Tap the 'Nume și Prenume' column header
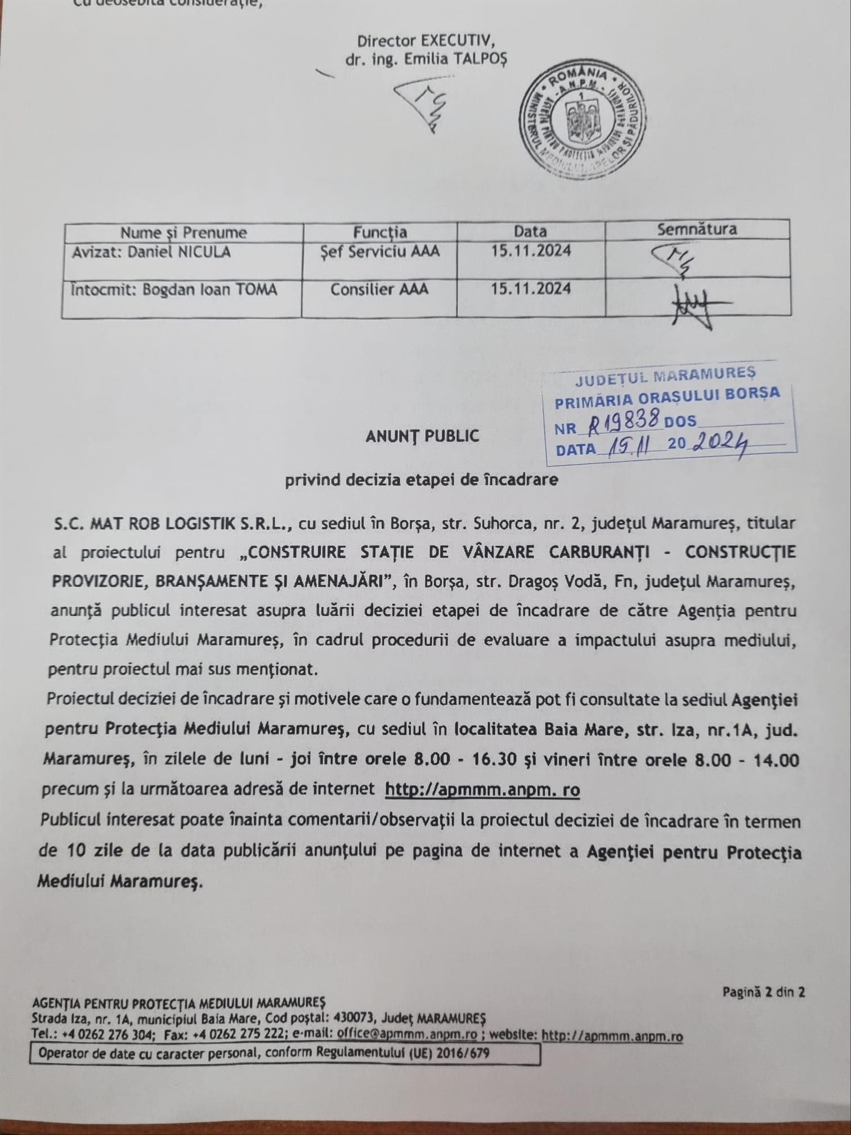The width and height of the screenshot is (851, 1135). click(x=183, y=233)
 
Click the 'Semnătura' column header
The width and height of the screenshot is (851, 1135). click(x=697, y=229)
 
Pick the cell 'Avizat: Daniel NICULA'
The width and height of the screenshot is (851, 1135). click(x=151, y=252)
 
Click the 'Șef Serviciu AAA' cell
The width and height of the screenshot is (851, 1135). click(x=379, y=252)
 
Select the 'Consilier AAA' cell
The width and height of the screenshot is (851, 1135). click(x=379, y=289)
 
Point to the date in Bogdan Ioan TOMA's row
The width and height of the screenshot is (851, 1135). click(x=530, y=289)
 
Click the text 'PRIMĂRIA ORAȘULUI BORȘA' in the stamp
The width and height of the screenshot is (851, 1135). click(x=668, y=396)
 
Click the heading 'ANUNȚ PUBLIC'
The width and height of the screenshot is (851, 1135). click(x=422, y=436)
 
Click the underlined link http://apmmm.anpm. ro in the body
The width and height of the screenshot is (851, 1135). click(x=482, y=789)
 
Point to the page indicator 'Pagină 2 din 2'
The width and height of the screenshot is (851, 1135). click(x=763, y=992)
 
